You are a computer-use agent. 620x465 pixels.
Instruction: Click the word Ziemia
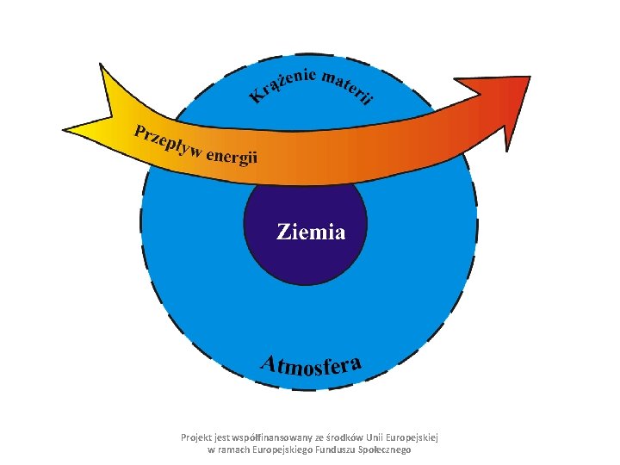click(311, 232)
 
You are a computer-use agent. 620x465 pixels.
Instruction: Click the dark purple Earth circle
click(307, 258)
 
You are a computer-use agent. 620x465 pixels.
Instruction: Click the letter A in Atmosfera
click(270, 363)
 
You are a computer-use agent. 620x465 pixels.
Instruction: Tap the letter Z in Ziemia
click(282, 232)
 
